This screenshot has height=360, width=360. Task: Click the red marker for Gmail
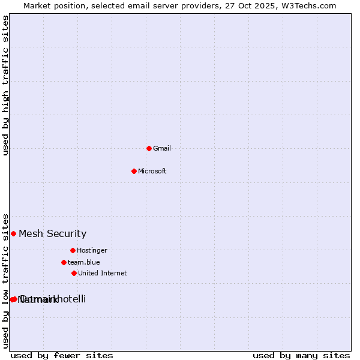(x=149, y=148)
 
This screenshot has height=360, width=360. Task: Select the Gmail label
(x=162, y=149)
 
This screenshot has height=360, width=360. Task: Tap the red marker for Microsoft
(x=134, y=171)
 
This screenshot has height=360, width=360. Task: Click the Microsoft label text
(x=152, y=172)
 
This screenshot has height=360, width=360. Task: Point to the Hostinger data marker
(x=73, y=250)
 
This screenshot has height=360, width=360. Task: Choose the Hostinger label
(x=92, y=251)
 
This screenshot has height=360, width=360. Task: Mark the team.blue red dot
(x=64, y=262)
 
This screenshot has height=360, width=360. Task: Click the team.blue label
(x=83, y=263)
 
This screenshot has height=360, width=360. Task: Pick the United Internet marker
(x=74, y=273)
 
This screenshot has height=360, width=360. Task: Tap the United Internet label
(x=102, y=274)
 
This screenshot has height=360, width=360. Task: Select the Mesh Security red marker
(x=13, y=233)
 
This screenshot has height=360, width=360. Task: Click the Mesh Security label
(x=52, y=234)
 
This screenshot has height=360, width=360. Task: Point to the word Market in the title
(x=38, y=6)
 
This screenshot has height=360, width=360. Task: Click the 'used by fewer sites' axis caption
(x=62, y=355)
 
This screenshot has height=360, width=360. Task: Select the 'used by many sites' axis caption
(x=301, y=355)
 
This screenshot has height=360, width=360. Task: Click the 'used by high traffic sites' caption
(x=6, y=85)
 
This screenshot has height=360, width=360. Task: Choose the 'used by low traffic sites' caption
(x=6, y=280)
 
